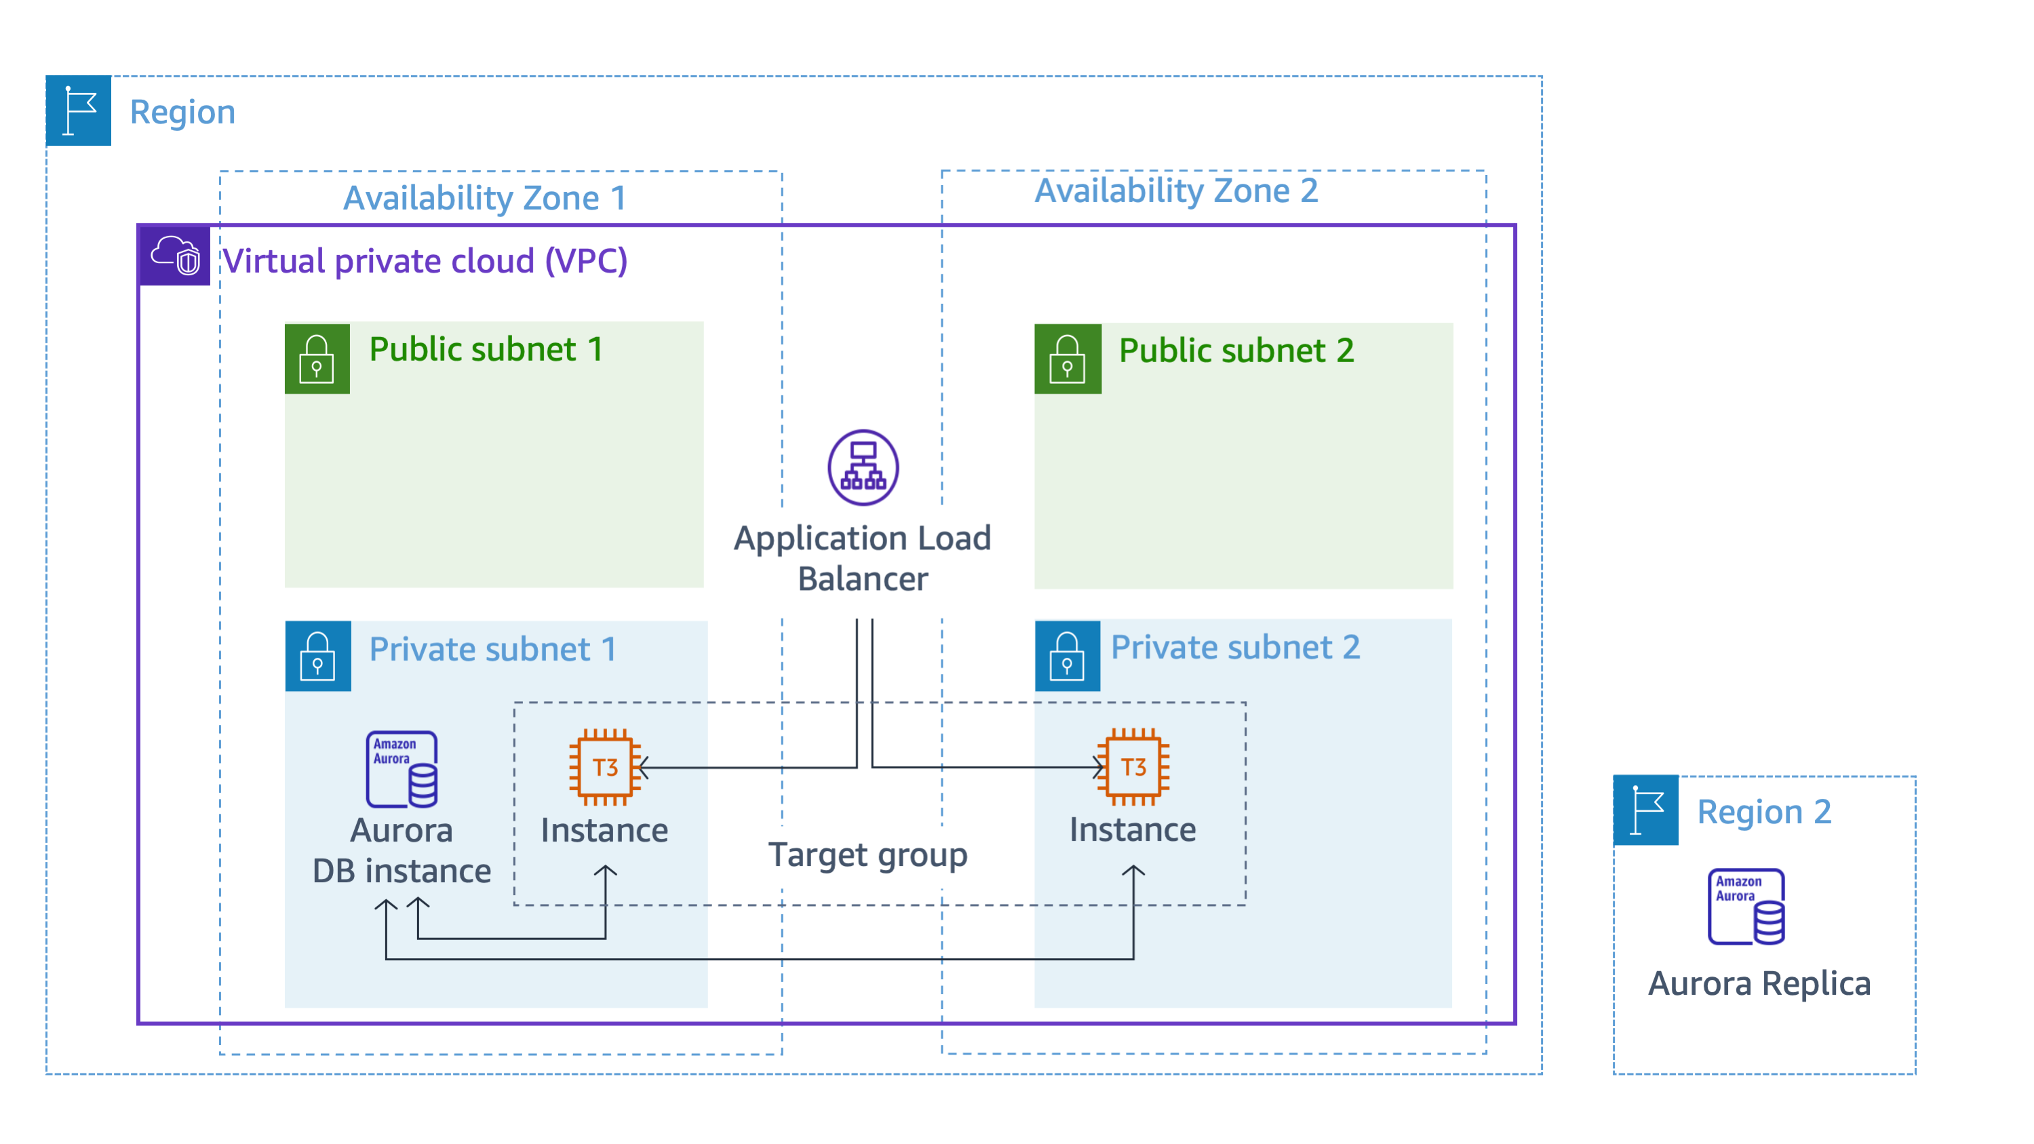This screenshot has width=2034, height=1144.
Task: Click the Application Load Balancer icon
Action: [863, 467]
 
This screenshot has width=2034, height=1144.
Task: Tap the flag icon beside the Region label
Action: [78, 111]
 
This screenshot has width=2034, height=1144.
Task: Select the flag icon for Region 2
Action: [1645, 810]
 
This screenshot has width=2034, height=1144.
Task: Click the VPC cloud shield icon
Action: [175, 256]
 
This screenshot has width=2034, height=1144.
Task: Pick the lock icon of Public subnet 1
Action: [317, 359]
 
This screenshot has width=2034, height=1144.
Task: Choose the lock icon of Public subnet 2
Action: [1067, 359]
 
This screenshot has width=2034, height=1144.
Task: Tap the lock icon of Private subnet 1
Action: [317, 656]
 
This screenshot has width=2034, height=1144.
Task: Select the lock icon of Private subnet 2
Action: [1067, 655]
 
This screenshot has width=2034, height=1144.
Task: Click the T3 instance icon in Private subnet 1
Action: [605, 766]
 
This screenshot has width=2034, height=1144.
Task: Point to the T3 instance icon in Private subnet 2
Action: [1133, 766]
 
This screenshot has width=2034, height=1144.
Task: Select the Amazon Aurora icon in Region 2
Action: [1746, 907]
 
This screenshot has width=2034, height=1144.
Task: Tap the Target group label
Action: [867, 855]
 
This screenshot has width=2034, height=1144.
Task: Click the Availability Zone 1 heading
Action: [485, 197]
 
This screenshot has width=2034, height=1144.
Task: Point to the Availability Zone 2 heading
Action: [1176, 191]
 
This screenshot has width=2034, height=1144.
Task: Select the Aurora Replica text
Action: [1759, 984]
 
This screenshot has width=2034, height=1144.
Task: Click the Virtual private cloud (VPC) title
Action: [425, 260]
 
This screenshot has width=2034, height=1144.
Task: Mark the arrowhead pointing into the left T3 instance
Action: [643, 766]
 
